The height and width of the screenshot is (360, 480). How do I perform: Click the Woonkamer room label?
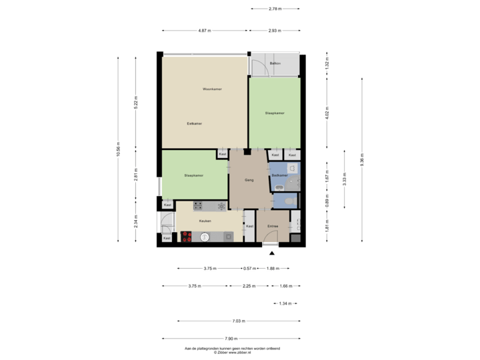[x=213, y=89]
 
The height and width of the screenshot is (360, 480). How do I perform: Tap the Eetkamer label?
[x=195, y=123]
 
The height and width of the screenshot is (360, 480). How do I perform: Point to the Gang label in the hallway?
[x=249, y=180]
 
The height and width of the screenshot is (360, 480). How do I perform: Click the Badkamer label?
[x=279, y=175]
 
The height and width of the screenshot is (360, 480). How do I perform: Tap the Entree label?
[x=272, y=227]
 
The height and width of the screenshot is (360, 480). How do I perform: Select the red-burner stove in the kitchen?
[x=187, y=236]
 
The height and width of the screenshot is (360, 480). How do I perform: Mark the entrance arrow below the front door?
[x=271, y=253]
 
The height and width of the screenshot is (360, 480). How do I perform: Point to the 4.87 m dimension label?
[x=204, y=31]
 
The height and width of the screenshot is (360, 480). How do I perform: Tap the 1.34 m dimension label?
[x=285, y=303]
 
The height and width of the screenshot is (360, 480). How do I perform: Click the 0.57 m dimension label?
[x=249, y=269]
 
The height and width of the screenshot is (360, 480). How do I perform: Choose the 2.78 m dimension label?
[x=274, y=9]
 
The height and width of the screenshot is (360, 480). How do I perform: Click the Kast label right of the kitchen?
[x=249, y=226]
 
